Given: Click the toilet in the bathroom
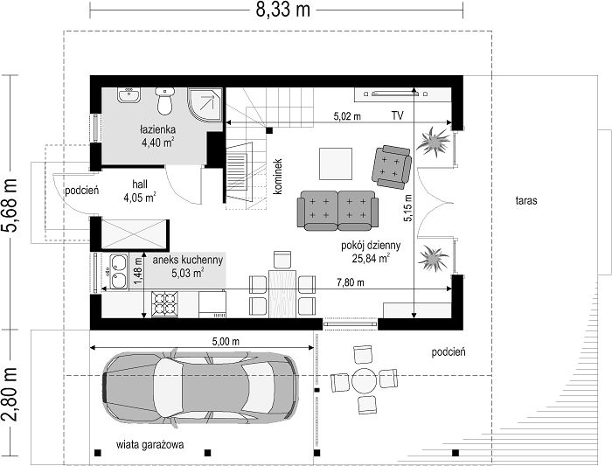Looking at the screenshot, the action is point(164,101).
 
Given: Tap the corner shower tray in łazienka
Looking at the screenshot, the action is point(205,105).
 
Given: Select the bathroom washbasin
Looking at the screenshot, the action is point(129,95).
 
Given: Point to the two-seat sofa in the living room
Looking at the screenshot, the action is point(337,211).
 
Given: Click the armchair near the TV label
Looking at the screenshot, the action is point(392,167).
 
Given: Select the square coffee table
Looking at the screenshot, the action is point(336,163).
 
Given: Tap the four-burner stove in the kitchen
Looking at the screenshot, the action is point(164,304).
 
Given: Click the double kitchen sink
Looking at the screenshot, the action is point(118,271).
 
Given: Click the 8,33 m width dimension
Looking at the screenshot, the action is point(283,10).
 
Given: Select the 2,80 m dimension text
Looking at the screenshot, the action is point(10,394).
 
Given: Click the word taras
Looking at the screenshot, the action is point(526,200).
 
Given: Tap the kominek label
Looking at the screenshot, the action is point(277,176).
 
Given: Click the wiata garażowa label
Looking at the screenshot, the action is point(150,444).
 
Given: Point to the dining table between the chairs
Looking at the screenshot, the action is point(282,293).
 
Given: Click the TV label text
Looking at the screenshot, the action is point(397,115).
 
